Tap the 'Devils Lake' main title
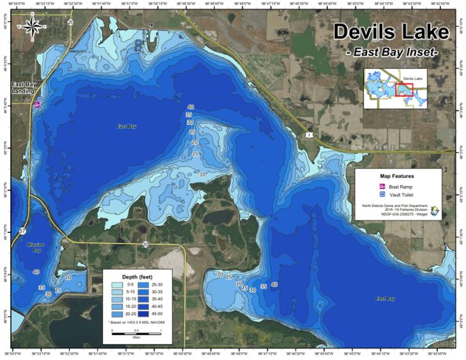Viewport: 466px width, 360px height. point(391,32)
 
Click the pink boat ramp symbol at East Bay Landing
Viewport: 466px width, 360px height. point(38,103)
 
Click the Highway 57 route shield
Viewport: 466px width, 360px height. point(23,232)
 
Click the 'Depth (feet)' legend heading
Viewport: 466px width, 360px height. point(130,278)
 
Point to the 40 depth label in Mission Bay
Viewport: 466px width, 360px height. point(36,272)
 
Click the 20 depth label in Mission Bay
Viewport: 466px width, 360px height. point(67,278)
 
